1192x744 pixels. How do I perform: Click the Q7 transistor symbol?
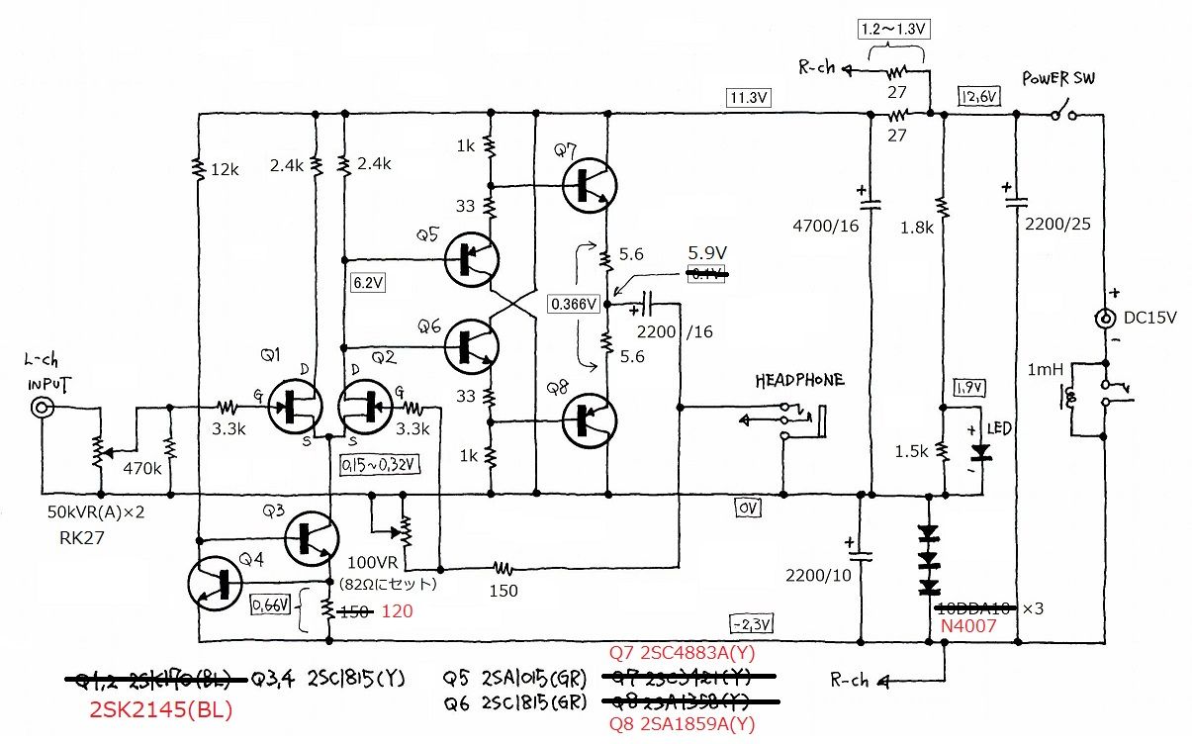click(590, 186)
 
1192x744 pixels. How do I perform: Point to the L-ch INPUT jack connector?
click(43, 407)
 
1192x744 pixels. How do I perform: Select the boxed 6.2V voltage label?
click(368, 282)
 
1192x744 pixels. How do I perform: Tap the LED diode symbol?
click(980, 452)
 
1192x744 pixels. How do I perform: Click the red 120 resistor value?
click(397, 612)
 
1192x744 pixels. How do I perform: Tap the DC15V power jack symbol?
click(1103, 320)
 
